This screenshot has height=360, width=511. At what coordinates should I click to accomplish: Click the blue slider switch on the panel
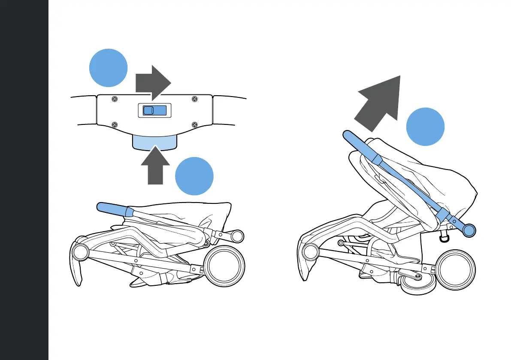pos(154,110)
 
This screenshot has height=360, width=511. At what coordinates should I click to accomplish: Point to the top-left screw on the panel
pos(114,99)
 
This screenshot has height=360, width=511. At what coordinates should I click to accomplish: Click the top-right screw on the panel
pos(194,99)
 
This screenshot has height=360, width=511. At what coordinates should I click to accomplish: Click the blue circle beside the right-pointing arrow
pos(108,68)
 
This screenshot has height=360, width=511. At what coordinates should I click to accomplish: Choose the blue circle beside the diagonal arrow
pos(425,127)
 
